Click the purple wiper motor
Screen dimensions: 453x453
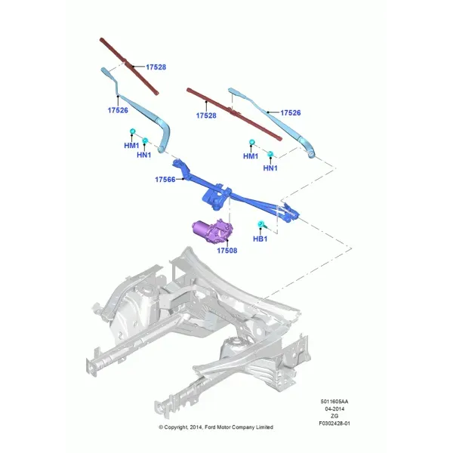tap(213, 230)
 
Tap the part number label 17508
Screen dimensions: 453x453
tap(227, 251)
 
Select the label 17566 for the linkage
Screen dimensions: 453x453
tap(165, 180)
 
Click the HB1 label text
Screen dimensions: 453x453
tap(260, 239)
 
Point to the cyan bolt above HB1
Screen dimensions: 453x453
tap(261, 224)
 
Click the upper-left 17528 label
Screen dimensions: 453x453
tap(156, 67)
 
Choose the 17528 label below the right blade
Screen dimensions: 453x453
tap(206, 116)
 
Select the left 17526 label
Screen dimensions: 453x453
tap(118, 110)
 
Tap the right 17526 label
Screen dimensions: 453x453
tap(291, 112)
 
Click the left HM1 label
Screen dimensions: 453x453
tap(131, 145)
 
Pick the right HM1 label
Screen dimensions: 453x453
tap(251, 156)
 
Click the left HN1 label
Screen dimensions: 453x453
tap(144, 155)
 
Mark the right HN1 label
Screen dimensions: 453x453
tap(270, 168)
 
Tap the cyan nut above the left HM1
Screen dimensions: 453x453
tap(133, 131)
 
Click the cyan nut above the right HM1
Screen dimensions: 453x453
tap(252, 142)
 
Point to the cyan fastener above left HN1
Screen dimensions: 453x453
tap(145, 140)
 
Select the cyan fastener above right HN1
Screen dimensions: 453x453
tap(270, 154)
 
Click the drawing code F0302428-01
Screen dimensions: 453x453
tap(334, 424)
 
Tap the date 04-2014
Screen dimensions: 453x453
tap(334, 409)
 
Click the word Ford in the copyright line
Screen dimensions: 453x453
tap(210, 427)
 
